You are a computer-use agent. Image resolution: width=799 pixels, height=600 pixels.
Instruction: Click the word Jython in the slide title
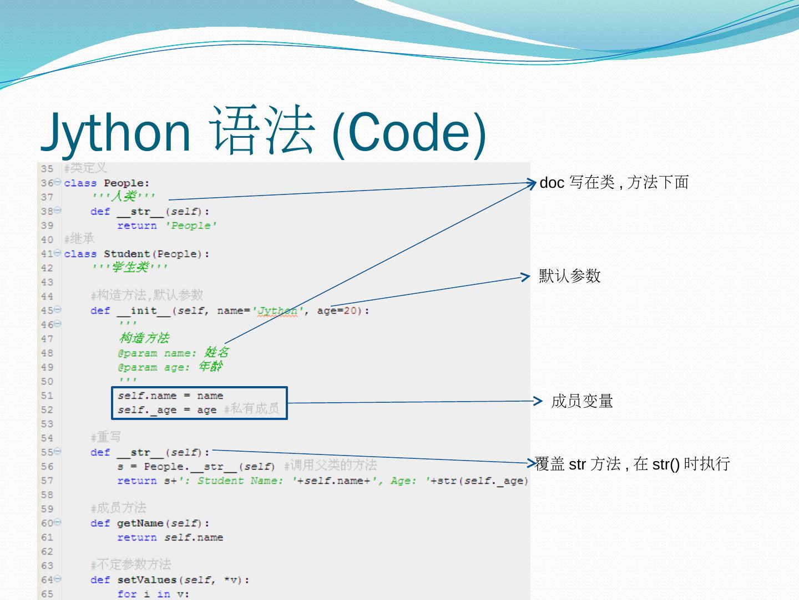coord(116,132)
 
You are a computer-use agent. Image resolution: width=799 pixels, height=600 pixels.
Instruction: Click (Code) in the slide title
coord(408,132)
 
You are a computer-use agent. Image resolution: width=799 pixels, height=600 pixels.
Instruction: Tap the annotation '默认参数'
coord(570,276)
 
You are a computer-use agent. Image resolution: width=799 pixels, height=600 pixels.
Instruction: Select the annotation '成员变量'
coord(582,401)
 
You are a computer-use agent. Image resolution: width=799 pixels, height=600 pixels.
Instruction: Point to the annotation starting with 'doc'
coord(614,182)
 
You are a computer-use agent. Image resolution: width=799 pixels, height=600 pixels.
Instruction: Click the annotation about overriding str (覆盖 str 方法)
coord(632,464)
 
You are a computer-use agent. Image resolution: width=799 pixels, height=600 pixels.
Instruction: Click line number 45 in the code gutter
coord(47,311)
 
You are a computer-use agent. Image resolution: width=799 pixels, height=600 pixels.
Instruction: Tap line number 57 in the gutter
coord(47,481)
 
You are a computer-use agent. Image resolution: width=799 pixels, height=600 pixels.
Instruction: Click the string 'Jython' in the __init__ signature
coord(276,311)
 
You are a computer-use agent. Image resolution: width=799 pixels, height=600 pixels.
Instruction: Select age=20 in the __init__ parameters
coord(337,311)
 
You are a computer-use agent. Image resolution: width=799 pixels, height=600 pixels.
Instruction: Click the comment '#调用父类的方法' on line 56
coord(330,466)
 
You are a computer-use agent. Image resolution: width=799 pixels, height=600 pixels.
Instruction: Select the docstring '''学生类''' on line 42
coord(130,268)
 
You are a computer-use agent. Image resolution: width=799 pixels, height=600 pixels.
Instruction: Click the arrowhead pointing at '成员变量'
coord(537,401)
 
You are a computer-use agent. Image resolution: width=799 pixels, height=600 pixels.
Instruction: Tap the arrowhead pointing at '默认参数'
coord(526,277)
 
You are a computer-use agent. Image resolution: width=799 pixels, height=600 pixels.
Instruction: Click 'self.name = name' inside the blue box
coord(170,396)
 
